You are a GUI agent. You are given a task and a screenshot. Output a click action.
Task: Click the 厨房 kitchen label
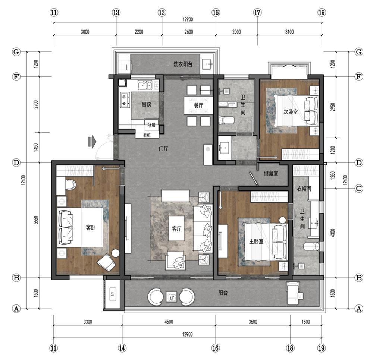pos(147,105)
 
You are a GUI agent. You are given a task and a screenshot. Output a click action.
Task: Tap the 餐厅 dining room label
pos(199,105)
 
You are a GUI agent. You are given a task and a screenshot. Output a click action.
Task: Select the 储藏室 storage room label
pos(271,174)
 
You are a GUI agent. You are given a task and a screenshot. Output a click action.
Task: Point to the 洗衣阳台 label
pos(183,64)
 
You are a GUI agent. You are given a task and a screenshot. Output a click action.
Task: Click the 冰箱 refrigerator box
pos(152,125)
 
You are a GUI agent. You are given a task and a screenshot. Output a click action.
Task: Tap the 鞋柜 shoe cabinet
pos(147,135)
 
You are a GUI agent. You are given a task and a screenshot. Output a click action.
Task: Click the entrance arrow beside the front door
pos(92,142)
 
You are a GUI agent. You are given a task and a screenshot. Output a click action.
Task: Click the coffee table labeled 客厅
pos(176,228)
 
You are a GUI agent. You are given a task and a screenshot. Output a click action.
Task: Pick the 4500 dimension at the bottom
pos(169,322)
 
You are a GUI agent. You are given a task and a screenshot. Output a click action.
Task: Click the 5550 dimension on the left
pos(36,220)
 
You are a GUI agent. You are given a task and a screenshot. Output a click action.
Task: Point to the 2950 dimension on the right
pos(332,107)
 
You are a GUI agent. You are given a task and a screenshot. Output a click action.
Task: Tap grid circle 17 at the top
pos(257,13)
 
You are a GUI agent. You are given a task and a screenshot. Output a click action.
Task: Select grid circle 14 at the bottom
pos(122,348)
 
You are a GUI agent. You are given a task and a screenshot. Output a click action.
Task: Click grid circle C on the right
pos(359,188)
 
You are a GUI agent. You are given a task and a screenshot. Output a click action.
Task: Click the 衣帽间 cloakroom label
pos(304,189)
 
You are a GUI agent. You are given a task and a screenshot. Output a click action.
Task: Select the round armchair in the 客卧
pos(106,262)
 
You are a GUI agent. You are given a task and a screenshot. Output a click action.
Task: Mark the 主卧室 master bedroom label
pos(256,241)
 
